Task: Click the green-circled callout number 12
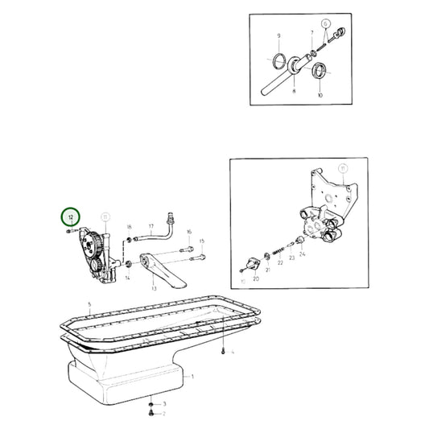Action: click(x=71, y=217)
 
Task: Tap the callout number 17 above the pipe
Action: click(x=151, y=226)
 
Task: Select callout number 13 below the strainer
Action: click(x=152, y=286)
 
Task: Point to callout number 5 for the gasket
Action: click(x=90, y=303)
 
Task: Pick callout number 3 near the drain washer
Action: click(x=164, y=403)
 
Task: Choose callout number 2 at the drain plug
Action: click(x=164, y=414)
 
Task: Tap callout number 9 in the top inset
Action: click(x=279, y=36)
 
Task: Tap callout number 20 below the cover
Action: click(x=255, y=278)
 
